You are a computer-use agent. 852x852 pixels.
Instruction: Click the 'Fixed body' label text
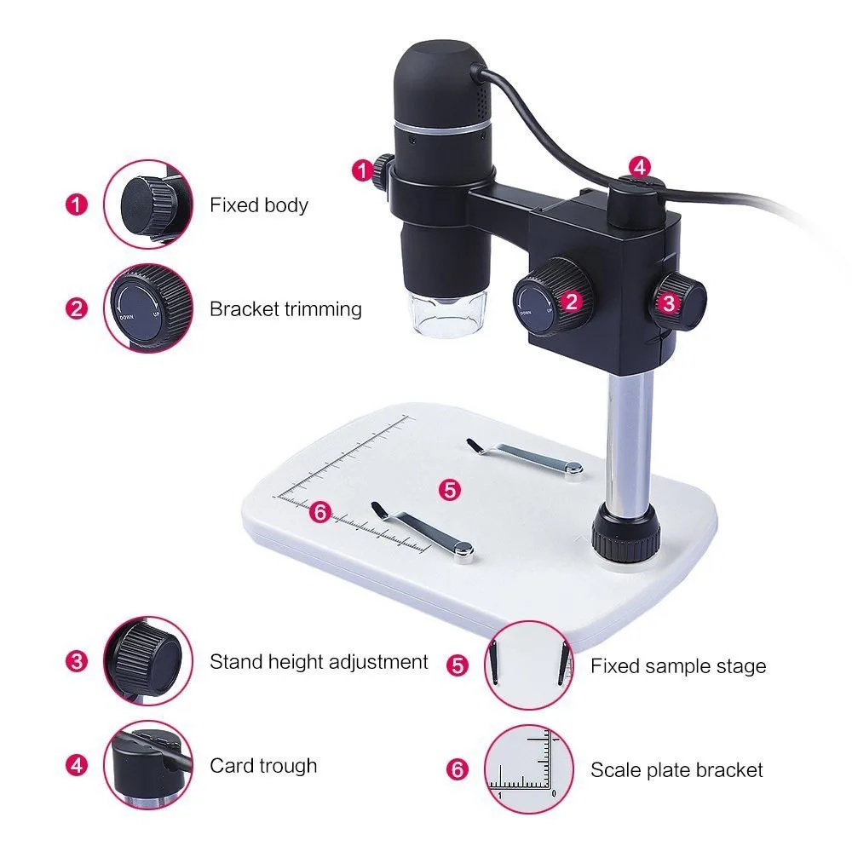(x=259, y=205)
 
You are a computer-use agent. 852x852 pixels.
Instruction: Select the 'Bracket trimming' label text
(x=285, y=308)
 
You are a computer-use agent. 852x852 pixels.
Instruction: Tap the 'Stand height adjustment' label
(x=319, y=661)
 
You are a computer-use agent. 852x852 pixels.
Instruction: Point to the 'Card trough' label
(x=263, y=765)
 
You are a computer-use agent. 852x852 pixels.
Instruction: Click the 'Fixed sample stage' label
(x=678, y=666)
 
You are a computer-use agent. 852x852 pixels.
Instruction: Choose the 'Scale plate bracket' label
(x=676, y=770)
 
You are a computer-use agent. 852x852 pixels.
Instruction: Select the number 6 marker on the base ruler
(x=319, y=511)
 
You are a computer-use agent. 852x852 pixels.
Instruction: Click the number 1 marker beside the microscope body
(x=361, y=170)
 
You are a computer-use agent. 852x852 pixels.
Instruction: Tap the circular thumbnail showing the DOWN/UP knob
(x=147, y=307)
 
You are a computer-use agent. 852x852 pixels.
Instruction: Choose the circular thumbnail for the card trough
(x=147, y=764)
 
